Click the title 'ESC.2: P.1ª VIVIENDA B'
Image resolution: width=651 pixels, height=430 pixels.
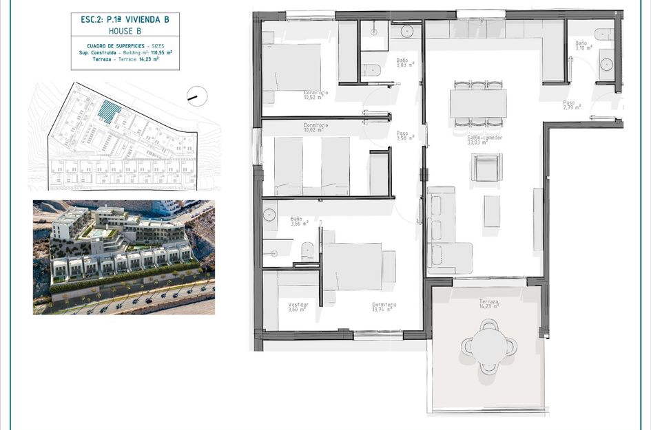[x=125, y=20]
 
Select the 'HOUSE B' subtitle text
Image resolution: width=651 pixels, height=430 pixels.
[x=125, y=32]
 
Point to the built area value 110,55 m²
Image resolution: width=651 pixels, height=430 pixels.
[x=160, y=52]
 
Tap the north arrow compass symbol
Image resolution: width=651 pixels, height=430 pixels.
[x=194, y=97]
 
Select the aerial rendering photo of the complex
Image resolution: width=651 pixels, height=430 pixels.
[x=124, y=257]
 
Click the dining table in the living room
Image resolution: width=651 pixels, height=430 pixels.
[x=478, y=103]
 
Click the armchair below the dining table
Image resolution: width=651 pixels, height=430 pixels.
[x=486, y=167]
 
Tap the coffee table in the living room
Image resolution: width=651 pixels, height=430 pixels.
[x=492, y=211]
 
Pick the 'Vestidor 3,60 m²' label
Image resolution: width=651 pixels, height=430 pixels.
[x=298, y=306]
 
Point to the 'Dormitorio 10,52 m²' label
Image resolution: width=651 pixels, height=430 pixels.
[x=316, y=94]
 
